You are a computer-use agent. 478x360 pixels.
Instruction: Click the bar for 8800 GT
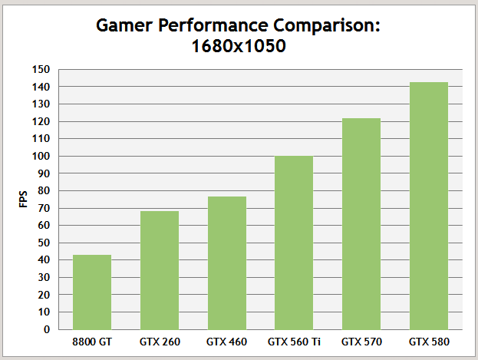pos(92,292)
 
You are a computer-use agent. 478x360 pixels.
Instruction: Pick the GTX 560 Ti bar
pos(295,243)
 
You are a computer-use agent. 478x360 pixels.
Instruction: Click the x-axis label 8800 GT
pos(92,342)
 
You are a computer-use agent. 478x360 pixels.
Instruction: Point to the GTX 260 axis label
pos(160,342)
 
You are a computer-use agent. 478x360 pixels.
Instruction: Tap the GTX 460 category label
pos(227,342)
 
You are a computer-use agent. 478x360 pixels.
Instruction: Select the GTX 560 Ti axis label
pos(295,342)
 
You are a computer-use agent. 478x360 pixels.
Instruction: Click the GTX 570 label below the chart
pos(361,342)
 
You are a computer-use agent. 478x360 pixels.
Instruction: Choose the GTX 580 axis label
pos(429,342)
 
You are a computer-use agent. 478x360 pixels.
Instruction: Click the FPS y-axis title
pos(22,200)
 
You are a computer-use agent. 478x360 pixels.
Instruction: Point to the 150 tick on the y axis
pos(41,70)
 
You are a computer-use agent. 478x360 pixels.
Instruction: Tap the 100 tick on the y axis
pos(41,156)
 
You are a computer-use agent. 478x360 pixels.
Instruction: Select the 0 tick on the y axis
pos(47,329)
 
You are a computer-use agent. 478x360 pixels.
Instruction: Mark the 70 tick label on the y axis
pos(44,208)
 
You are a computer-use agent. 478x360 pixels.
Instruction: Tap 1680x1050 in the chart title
pos(239,46)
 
